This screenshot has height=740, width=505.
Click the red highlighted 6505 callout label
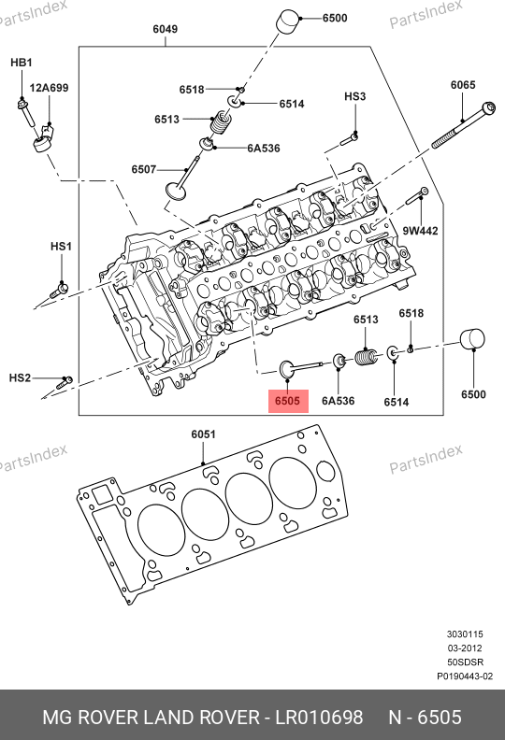point(288,401)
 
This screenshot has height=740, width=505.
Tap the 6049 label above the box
point(165,29)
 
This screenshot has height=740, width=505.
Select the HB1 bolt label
point(22,62)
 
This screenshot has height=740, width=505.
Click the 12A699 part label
point(50,88)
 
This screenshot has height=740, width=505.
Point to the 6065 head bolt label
point(463,84)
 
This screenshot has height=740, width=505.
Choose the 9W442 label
point(420,231)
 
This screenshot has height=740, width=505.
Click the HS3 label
point(354,96)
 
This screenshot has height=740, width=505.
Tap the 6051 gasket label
point(203,434)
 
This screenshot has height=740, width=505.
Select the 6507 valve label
point(144,169)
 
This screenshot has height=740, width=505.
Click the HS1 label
point(61,246)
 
